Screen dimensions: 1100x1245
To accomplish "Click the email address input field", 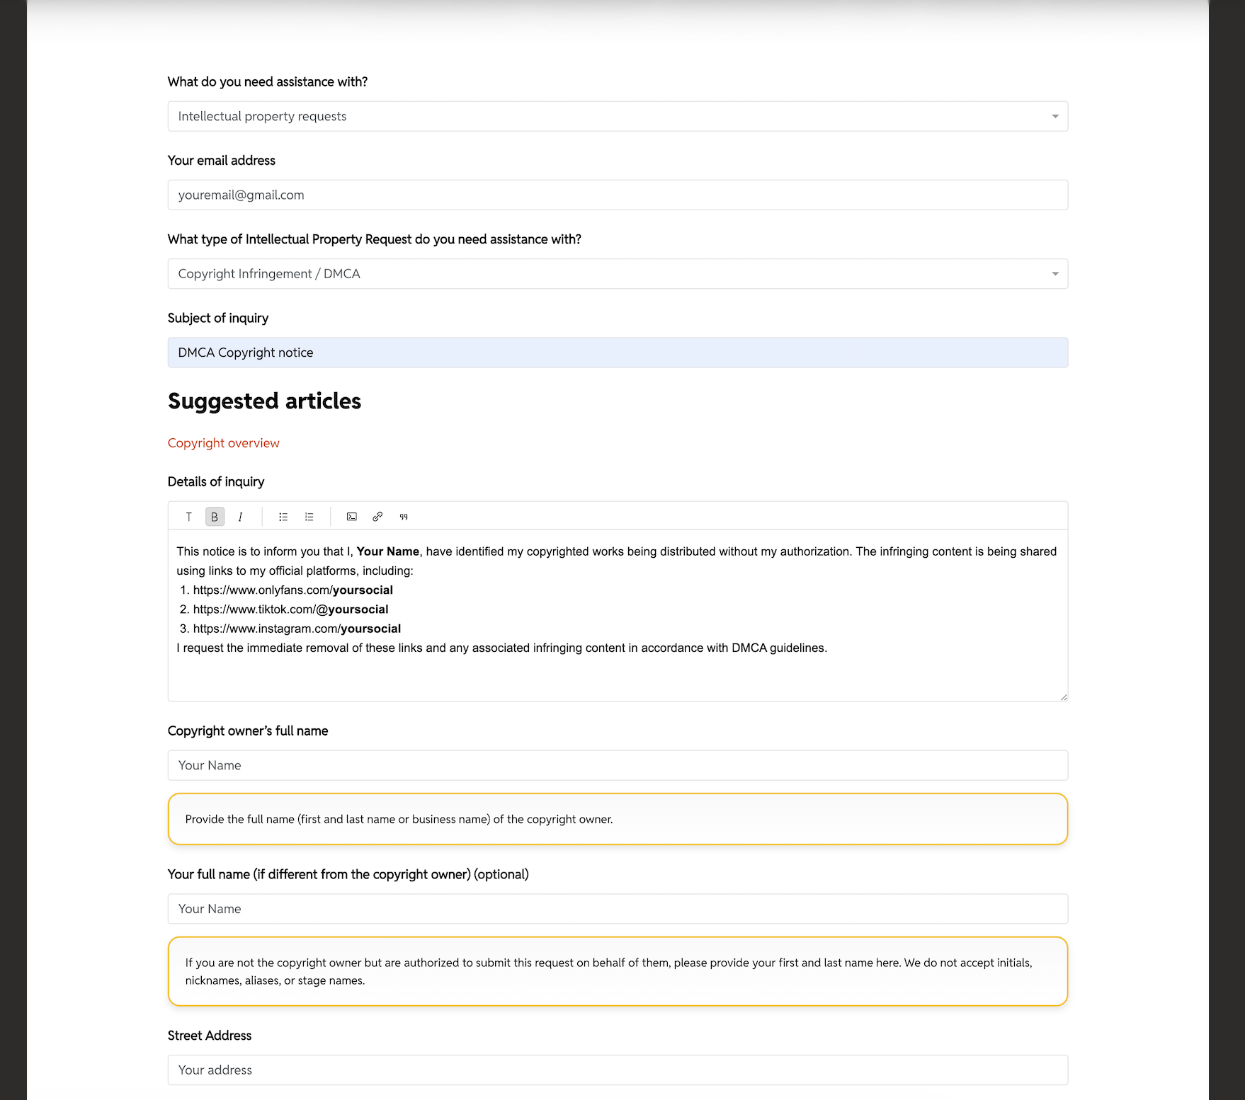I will pyautogui.click(x=617, y=195).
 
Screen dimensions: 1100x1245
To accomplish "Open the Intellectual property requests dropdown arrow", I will pyautogui.click(x=1054, y=116).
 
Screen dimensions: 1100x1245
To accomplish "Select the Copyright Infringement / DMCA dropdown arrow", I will pyautogui.click(x=1054, y=274).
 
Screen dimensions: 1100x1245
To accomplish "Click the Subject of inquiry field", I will pyautogui.click(x=617, y=353).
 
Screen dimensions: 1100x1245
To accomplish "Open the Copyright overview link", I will pyautogui.click(x=223, y=443).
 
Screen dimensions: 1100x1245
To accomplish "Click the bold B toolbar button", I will pyautogui.click(x=215, y=517).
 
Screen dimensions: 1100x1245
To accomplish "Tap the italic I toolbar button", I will pyautogui.click(x=240, y=517).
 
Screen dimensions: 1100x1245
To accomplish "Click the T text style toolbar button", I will pyautogui.click(x=188, y=517).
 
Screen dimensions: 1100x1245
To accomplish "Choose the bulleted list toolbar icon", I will pyautogui.click(x=283, y=517).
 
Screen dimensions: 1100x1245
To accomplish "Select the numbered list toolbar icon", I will pyautogui.click(x=309, y=517).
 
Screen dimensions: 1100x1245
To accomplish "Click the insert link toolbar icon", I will pyautogui.click(x=377, y=517).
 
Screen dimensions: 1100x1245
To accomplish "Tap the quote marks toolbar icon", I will pyautogui.click(x=404, y=517).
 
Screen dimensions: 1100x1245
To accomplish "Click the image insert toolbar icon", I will pyautogui.click(x=352, y=517).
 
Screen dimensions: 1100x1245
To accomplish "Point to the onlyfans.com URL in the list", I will pyautogui.click(x=292, y=590).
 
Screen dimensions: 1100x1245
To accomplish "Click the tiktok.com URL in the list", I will pyautogui.click(x=290, y=609).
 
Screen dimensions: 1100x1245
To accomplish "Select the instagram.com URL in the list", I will pyautogui.click(x=297, y=629).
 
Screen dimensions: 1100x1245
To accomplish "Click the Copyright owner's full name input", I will pyautogui.click(x=617, y=765).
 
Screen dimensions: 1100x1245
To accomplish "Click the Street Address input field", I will pyautogui.click(x=617, y=1070).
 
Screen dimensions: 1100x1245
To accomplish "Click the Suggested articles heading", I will pyautogui.click(x=264, y=401).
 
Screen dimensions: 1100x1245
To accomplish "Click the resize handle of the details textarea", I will pyautogui.click(x=1063, y=697).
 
